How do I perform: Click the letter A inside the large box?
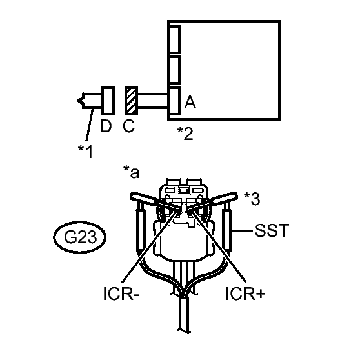190,103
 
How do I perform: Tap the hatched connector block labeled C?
132,101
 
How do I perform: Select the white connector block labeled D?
108,101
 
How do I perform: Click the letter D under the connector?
106,126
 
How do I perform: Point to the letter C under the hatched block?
128,126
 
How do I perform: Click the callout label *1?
85,152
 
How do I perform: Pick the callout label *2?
185,134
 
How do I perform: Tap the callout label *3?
252,199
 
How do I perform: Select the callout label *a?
132,172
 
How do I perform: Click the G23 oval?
79,237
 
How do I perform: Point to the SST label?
272,230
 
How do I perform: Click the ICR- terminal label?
121,294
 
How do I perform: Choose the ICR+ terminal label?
245,294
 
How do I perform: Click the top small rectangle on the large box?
174,39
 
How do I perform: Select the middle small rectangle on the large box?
174,69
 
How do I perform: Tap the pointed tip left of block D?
78,101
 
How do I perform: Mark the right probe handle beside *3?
225,197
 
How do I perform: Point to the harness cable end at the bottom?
184,330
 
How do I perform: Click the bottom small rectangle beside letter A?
174,101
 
